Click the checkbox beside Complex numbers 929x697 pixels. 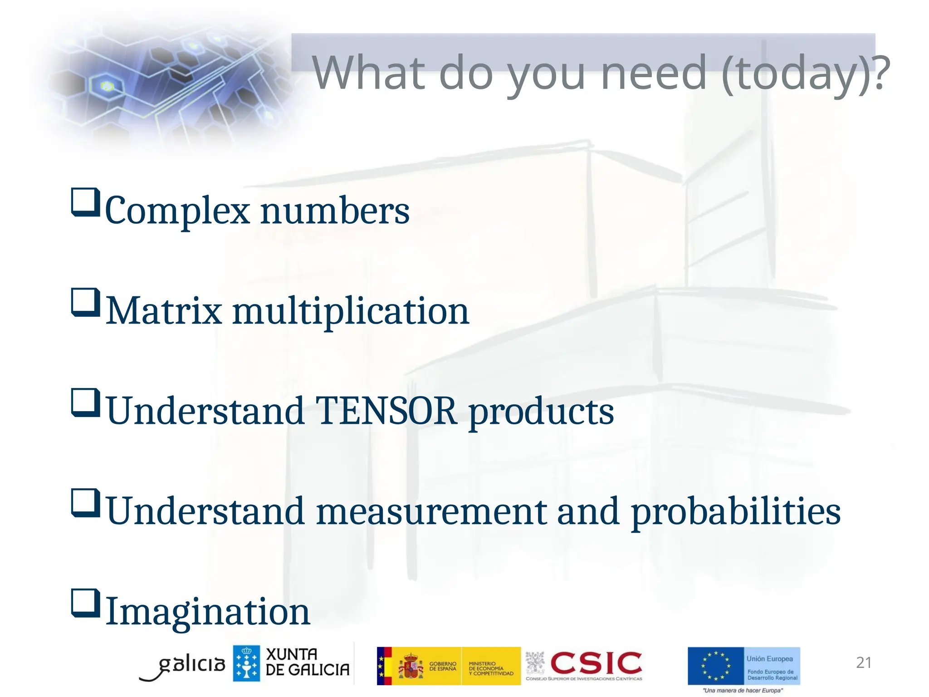[x=85, y=202]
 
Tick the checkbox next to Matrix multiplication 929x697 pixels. [x=85, y=303]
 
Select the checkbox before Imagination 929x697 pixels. [x=85, y=603]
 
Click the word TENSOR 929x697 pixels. [x=386, y=411]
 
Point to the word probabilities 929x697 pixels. [x=736, y=512]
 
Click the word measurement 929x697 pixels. [x=431, y=512]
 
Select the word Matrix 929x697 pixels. [x=164, y=311]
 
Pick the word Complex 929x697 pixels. [x=177, y=211]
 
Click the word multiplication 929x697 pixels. [x=351, y=311]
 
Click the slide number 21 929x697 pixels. [x=863, y=663]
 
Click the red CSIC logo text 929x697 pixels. [x=596, y=663]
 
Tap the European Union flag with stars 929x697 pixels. [x=715, y=666]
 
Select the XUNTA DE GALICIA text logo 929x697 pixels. [x=307, y=663]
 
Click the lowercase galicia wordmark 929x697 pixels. [x=191, y=665]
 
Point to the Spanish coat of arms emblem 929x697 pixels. [x=410, y=666]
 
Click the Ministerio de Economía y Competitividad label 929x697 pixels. [x=490, y=668]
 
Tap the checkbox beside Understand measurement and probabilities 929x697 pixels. [x=85, y=503]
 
